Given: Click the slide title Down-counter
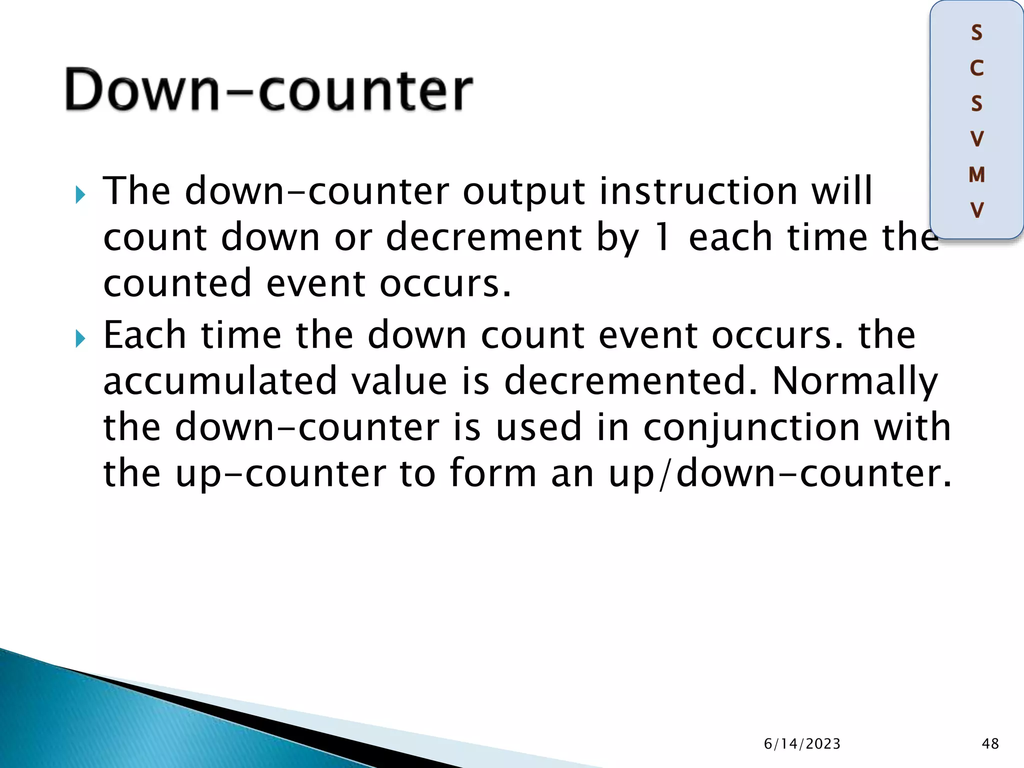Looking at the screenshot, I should (269, 90).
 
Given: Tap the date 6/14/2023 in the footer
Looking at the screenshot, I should (802, 743).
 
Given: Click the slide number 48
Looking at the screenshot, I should (990, 743).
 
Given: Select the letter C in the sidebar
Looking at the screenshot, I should (976, 68).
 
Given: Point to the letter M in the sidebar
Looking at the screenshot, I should (976, 175).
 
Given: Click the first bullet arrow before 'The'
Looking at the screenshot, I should (80, 195).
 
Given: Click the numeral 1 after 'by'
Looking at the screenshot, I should (663, 237).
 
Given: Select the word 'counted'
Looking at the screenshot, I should (177, 283).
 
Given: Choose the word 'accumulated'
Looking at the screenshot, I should (219, 381).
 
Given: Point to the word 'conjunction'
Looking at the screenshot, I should (751, 428).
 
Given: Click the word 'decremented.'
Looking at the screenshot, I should (630, 381).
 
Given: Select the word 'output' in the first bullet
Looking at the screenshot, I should (523, 192).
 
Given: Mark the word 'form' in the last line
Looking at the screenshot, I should (493, 473).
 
